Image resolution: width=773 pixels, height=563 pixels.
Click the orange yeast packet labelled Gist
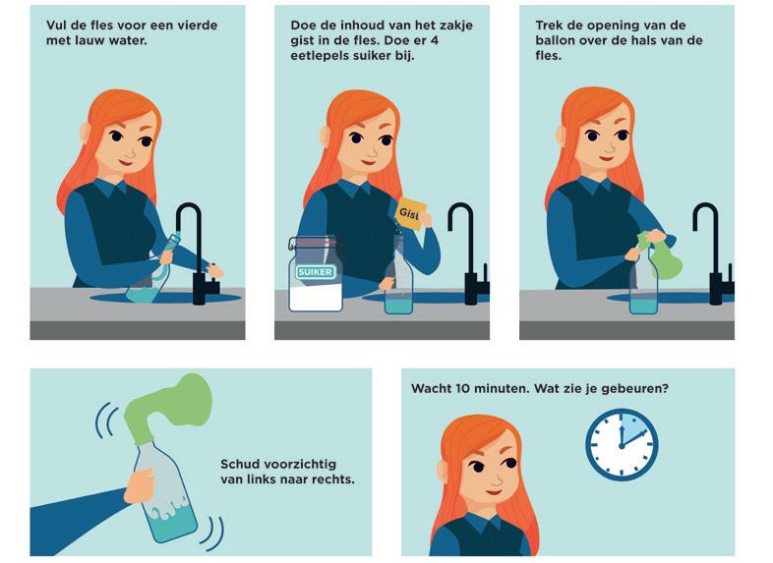410,214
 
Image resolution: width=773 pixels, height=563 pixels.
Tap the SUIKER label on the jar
316,272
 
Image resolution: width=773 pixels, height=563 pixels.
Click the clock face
622,444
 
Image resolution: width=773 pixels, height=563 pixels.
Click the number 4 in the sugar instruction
434,40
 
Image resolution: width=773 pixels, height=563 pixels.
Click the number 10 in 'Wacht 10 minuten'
462,389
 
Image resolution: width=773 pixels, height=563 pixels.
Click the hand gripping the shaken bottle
140,485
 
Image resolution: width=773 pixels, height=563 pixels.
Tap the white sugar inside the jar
316,298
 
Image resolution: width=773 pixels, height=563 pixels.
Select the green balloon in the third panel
659,253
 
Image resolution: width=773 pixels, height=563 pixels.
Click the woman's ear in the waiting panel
443,471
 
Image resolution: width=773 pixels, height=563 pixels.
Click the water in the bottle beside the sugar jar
398,306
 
